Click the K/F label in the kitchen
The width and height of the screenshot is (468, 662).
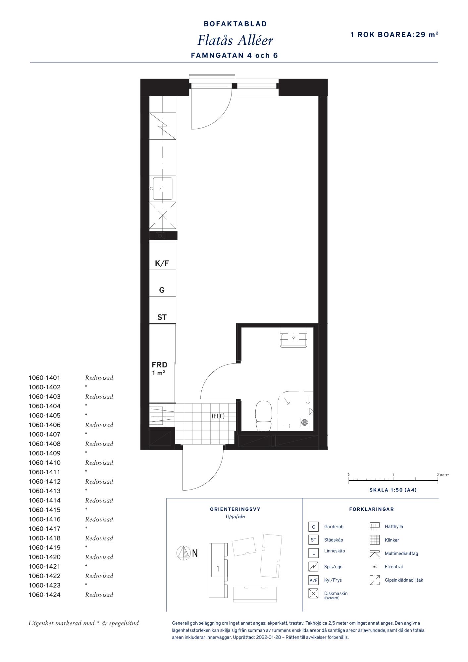[x=162, y=263]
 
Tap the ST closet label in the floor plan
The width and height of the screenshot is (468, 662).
[x=162, y=317]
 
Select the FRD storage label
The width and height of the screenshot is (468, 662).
[x=159, y=365]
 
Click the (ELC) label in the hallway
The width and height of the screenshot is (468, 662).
[x=218, y=416]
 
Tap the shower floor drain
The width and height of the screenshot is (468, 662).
[x=305, y=422]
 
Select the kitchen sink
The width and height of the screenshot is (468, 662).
[x=162, y=189]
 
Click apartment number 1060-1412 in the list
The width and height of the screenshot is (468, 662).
[x=44, y=482]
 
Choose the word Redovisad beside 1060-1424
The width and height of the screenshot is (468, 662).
[x=99, y=595]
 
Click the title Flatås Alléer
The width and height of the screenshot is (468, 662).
[x=235, y=40]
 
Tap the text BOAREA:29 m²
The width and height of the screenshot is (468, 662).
[x=408, y=34]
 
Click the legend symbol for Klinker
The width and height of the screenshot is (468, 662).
[x=375, y=540]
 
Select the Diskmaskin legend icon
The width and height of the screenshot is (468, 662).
[x=313, y=593]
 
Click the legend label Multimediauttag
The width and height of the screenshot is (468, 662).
[x=401, y=553]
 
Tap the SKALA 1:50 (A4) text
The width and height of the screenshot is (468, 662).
[x=393, y=490]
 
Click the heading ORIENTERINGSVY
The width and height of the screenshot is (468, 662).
[x=235, y=509]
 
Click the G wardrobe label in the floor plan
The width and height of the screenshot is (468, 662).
[x=162, y=290]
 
